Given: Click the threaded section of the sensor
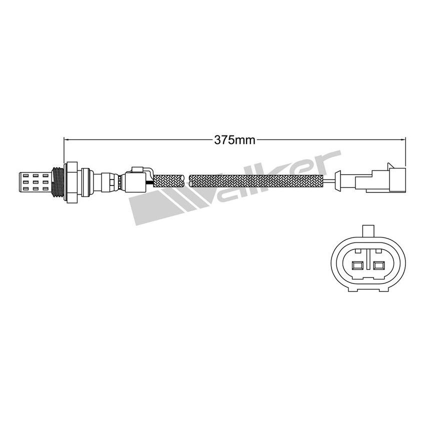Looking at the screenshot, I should (x=59, y=181).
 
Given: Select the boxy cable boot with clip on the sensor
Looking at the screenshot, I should (x=136, y=179).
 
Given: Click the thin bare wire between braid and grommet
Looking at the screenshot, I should (x=329, y=180).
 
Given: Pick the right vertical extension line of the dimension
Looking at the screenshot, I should (x=405, y=155).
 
